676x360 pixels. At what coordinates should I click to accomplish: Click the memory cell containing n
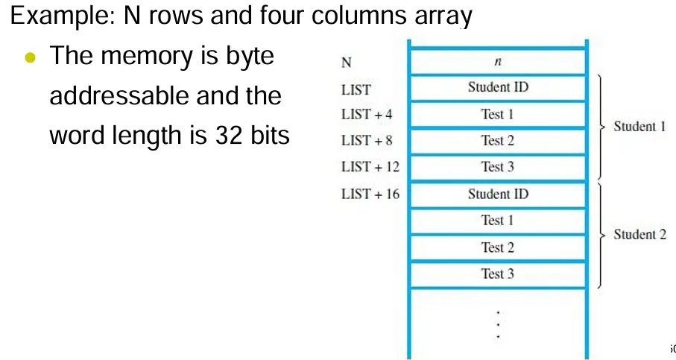pyautogui.click(x=498, y=62)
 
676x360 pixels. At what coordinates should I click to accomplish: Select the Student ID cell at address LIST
pyautogui.click(x=498, y=87)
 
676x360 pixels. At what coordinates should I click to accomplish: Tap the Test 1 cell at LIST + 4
pyautogui.click(x=498, y=114)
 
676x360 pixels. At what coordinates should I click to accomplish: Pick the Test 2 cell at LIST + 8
pyautogui.click(x=498, y=140)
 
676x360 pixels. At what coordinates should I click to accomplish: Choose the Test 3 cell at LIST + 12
pyautogui.click(x=498, y=167)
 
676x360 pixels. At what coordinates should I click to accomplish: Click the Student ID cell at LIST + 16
pyautogui.click(x=498, y=194)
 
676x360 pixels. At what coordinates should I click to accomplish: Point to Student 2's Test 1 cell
pyautogui.click(x=498, y=221)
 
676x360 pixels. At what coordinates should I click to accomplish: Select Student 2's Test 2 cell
pyautogui.click(x=498, y=247)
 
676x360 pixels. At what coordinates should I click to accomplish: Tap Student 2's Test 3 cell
pyautogui.click(x=498, y=274)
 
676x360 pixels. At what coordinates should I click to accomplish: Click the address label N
pyautogui.click(x=347, y=63)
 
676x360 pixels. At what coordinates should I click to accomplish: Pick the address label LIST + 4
pyautogui.click(x=367, y=115)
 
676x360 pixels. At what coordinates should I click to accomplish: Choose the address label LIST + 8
pyautogui.click(x=367, y=141)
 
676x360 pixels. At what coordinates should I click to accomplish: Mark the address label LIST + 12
pyautogui.click(x=370, y=167)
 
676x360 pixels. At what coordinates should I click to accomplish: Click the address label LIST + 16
pyautogui.click(x=370, y=195)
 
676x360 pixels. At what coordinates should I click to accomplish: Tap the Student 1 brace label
pyautogui.click(x=639, y=126)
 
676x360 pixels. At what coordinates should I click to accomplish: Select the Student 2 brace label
pyautogui.click(x=639, y=235)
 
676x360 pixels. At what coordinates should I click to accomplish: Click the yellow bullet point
pyautogui.click(x=30, y=57)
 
